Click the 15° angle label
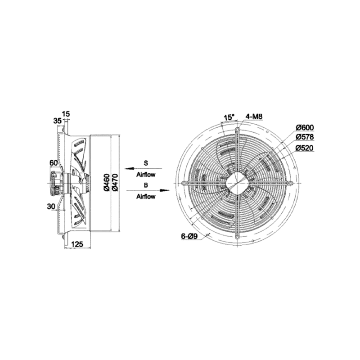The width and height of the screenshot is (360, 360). (229, 117)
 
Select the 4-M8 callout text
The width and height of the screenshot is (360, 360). (254, 117)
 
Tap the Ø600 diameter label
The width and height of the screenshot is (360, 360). (305, 127)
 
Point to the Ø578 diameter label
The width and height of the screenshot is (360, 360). (305, 137)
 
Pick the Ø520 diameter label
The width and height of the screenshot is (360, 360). (305, 148)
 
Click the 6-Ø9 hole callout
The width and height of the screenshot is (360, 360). (189, 236)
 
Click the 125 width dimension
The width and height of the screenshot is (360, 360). (77, 244)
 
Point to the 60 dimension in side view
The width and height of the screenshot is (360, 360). (54, 163)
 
